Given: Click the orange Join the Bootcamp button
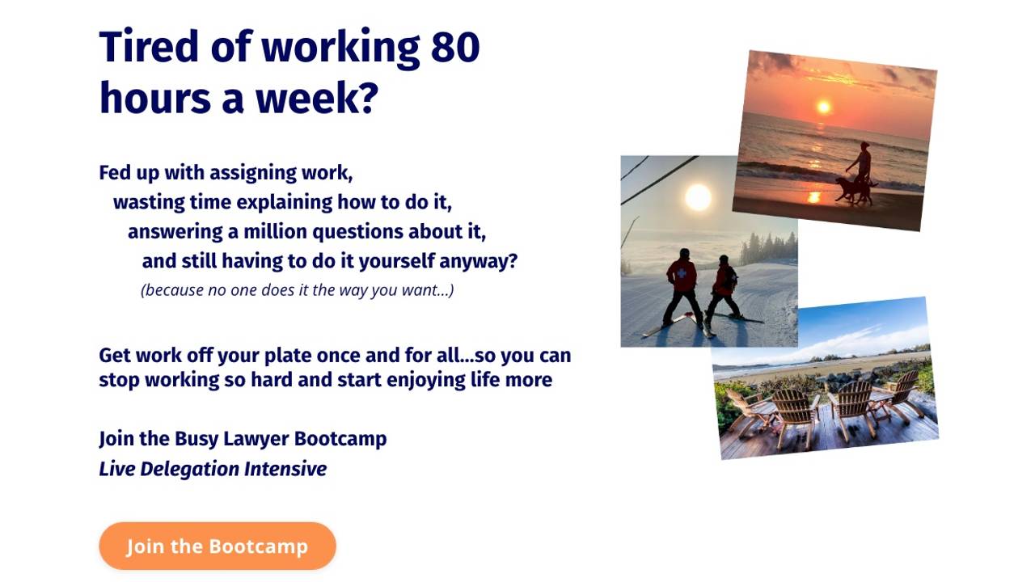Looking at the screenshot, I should (217, 546).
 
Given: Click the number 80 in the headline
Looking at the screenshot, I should (454, 47).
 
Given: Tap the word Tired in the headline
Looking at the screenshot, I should (150, 47).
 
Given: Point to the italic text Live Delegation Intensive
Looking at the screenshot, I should (213, 469).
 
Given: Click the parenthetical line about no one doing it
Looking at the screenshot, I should (297, 289).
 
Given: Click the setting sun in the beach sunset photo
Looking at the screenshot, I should (823, 107).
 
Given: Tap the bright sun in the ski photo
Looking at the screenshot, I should (698, 196).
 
